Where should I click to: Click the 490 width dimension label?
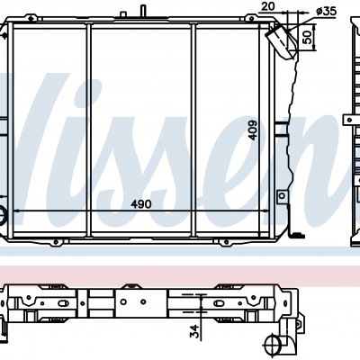pos(141,204)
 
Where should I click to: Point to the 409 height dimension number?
pos(253,130)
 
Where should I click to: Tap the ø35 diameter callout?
pos(327,12)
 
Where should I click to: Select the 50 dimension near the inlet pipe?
pos(307,37)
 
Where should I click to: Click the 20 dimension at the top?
pos(267,6)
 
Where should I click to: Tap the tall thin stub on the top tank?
pos(143,12)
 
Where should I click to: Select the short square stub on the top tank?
pos(123,15)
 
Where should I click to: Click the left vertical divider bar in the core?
pos(88,130)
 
